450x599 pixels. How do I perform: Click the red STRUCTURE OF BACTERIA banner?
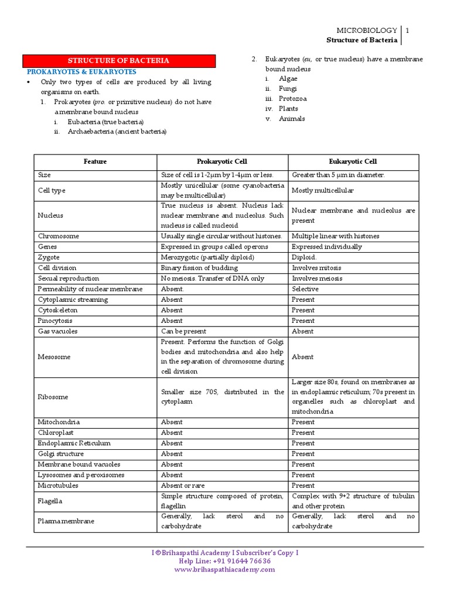119,61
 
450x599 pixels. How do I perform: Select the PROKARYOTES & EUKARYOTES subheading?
81,71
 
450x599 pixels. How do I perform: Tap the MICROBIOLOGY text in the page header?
366,30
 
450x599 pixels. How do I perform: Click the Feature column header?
95,161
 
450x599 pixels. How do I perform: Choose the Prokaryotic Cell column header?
222,161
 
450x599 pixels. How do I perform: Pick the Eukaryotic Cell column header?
353,161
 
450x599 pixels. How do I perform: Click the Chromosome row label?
59,236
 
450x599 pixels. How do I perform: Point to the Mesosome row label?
54,357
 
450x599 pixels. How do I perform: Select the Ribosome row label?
53,397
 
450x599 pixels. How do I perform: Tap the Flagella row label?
50,501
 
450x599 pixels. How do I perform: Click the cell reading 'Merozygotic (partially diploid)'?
207,257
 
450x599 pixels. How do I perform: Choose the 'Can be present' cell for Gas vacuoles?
183,331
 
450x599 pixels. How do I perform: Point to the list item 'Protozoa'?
292,98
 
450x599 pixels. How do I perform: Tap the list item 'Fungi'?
288,88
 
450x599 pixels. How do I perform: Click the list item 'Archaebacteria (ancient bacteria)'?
117,132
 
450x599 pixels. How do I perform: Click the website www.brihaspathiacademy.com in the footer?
224,569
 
